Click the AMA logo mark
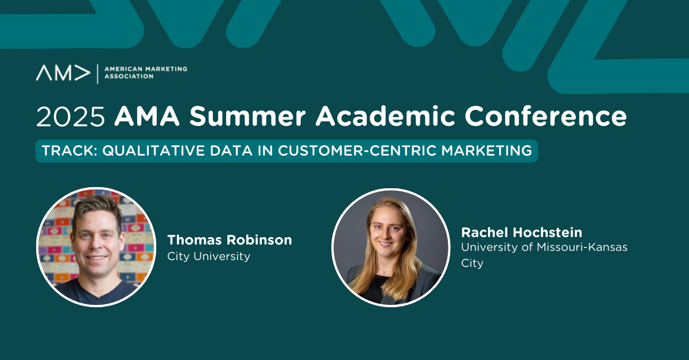63,73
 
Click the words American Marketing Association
146,72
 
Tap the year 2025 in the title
71,117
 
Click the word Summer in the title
247,117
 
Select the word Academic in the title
385,116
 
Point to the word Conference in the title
545,116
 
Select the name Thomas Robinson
230,240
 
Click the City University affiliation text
208,256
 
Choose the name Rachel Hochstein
522,233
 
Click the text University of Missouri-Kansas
544,247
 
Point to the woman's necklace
385,272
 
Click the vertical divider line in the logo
98,74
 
